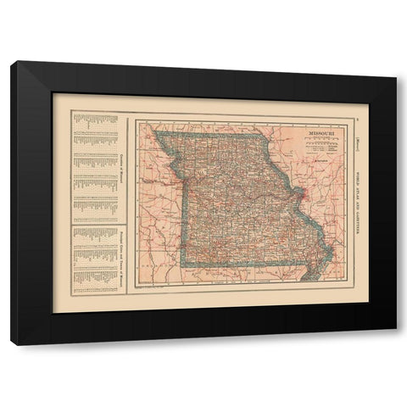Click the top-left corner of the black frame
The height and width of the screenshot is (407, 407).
[x=11, y=63]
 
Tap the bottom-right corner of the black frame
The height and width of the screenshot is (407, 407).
[x=396, y=344]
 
